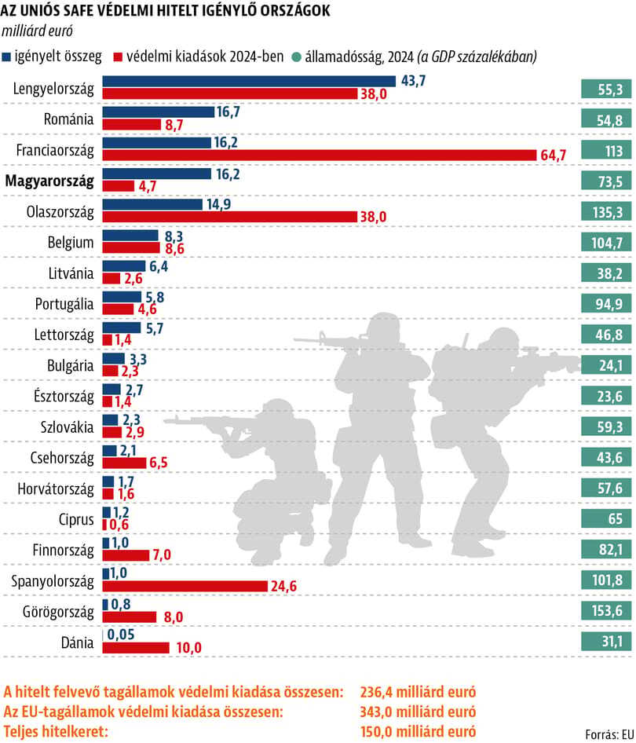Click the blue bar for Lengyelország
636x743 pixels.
[x=249, y=81]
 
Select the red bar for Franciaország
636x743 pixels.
[x=320, y=155]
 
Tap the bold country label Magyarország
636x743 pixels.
[x=49, y=181]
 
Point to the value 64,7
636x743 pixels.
[x=553, y=155]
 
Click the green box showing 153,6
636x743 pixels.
[x=607, y=611]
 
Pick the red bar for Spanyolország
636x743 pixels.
[x=185, y=586]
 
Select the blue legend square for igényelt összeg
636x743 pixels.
[x=6, y=57]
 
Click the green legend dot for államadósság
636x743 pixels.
[x=297, y=57]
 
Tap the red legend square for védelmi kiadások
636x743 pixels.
[x=118, y=57]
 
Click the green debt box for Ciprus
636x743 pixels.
[x=607, y=518]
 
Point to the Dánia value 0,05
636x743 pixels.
[x=121, y=635]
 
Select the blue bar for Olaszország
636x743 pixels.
[x=152, y=204]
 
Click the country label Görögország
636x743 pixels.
[x=58, y=612]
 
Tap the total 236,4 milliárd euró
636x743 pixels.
[x=418, y=692]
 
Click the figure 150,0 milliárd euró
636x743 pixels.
[x=418, y=731]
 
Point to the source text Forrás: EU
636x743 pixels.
[x=609, y=734]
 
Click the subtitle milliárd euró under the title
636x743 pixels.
[x=38, y=31]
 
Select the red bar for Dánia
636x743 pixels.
[x=136, y=648]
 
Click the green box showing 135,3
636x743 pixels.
[x=607, y=212]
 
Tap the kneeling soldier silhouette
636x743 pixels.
[x=265, y=474]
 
